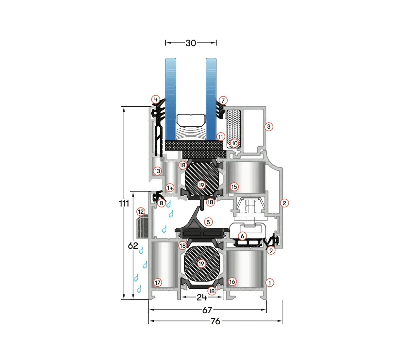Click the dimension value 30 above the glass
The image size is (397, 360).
pyautogui.click(x=191, y=43)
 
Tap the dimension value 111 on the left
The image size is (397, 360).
pyautogui.click(x=124, y=204)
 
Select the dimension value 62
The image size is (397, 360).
pyautogui.click(x=133, y=246)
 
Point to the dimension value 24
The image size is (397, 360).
pyautogui.click(x=202, y=297)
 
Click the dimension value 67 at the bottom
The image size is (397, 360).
pyautogui.click(x=207, y=310)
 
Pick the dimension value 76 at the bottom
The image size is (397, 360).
pyautogui.click(x=215, y=321)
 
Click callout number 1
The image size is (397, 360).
pyautogui.click(x=269, y=282)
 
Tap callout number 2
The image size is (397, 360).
pyautogui.click(x=285, y=203)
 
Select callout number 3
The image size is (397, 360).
pyautogui.click(x=269, y=127)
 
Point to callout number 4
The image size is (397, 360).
pyautogui.click(x=156, y=99)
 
